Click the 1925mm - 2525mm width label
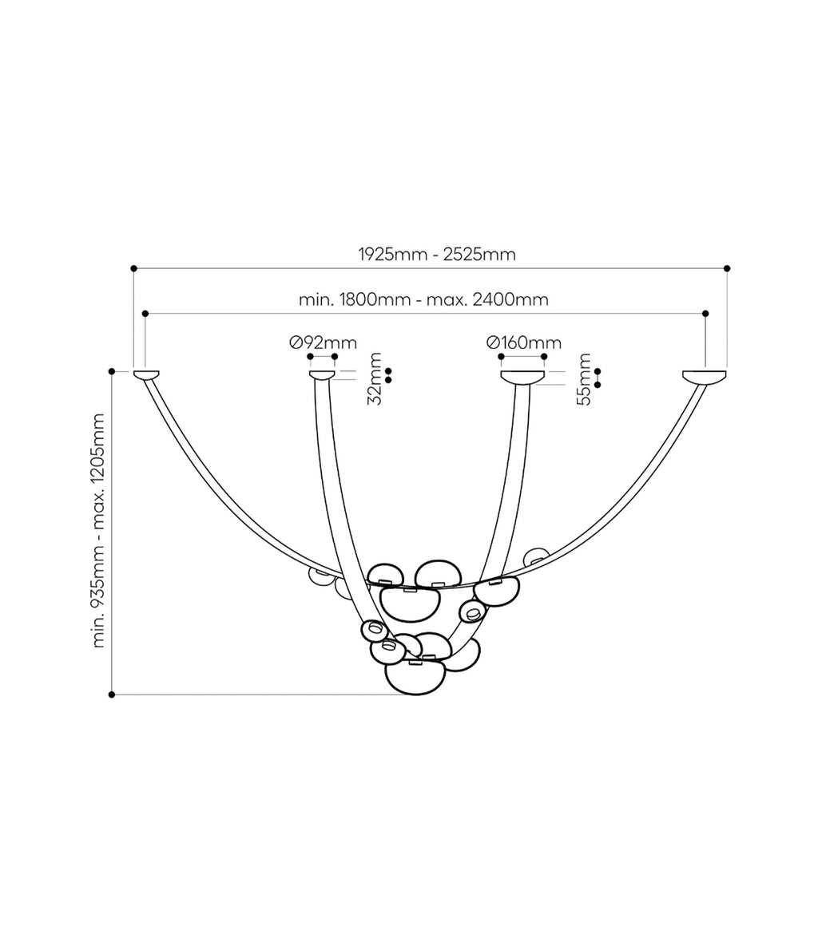pyautogui.click(x=436, y=255)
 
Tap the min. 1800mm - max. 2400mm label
pyautogui.click(x=423, y=299)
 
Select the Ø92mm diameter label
pyautogui.click(x=323, y=343)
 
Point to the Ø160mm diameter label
pyautogui.click(x=524, y=343)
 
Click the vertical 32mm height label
pyautogui.click(x=375, y=379)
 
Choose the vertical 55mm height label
pyautogui.click(x=585, y=379)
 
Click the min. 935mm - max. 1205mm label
pyautogui.click(x=98, y=531)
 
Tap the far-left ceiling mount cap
pyautogui.click(x=146, y=375)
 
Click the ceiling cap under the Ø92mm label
pyautogui.click(x=322, y=375)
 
